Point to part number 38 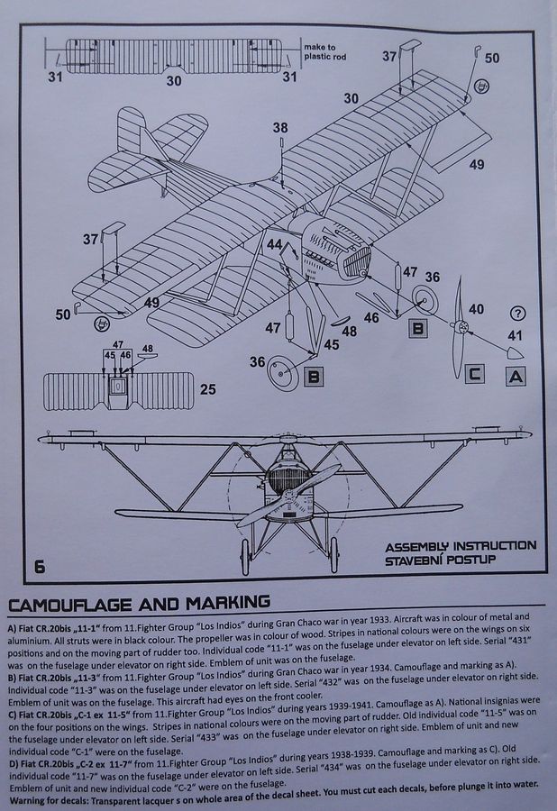(281, 128)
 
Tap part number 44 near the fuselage (274, 245)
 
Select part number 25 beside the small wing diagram (209, 389)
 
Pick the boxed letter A (515, 376)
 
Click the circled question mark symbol (516, 314)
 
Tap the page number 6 (40, 566)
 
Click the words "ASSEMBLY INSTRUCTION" (460, 546)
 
